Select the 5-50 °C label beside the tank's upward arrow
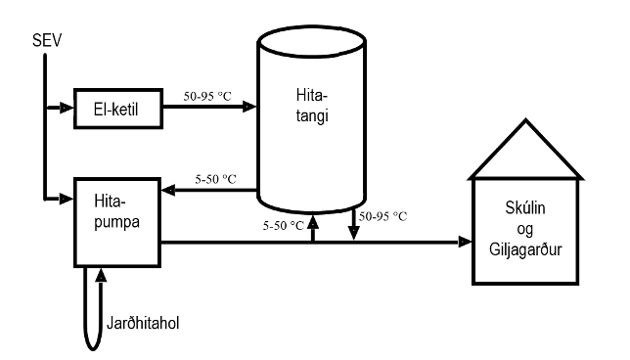(x=284, y=225)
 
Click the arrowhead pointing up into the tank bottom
(x=312, y=221)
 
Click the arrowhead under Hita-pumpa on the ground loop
(x=101, y=274)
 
